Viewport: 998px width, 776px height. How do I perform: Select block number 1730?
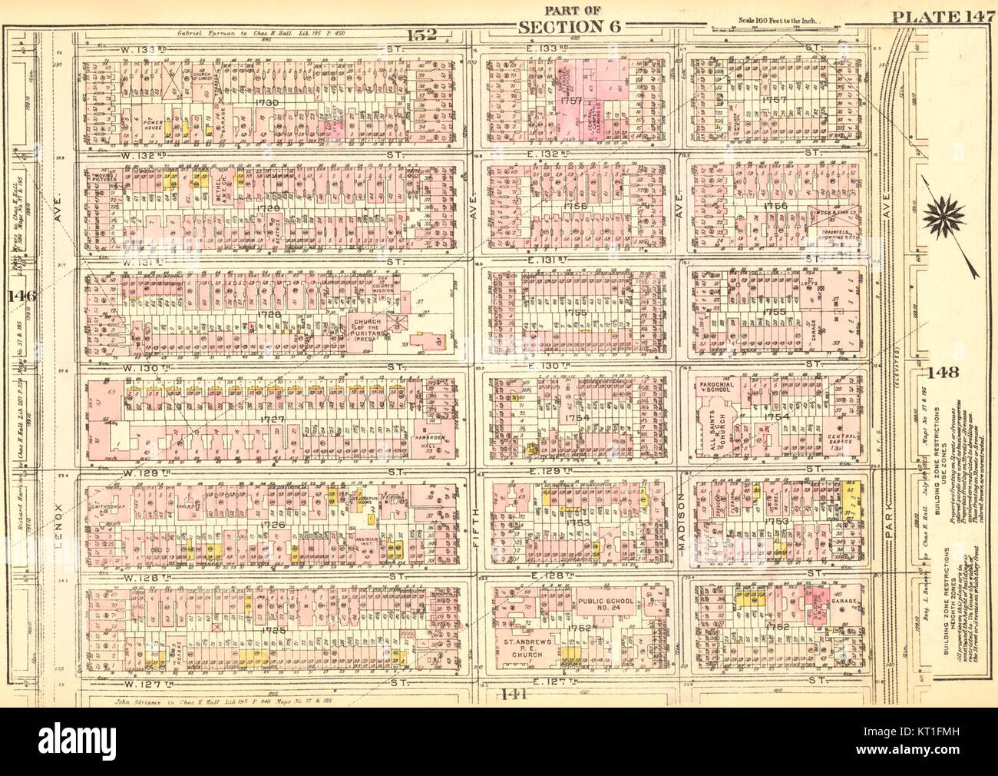pos(269,101)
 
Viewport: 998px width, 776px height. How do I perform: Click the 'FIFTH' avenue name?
pos(474,520)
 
